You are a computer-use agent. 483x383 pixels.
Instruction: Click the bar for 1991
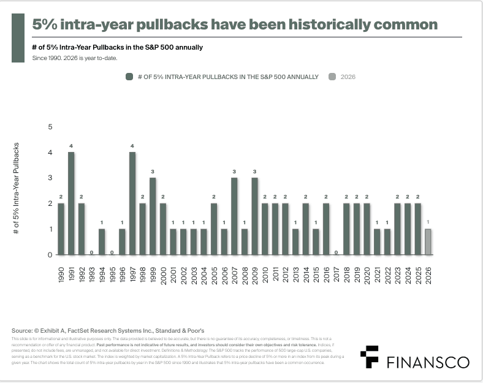[71, 203]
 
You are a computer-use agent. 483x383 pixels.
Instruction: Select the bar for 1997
[132, 203]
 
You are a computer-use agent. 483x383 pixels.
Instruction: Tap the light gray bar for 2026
[428, 241]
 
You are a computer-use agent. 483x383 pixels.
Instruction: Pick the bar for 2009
[254, 216]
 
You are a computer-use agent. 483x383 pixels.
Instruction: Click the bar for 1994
[102, 241]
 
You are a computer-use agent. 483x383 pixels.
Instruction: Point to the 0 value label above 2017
[336, 252]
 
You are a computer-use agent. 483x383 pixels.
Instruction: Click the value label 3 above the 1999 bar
[153, 171]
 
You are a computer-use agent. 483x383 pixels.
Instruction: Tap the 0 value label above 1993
[91, 252]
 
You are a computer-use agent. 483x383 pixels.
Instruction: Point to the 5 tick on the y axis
[50, 127]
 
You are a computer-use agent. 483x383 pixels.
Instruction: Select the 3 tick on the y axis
[50, 178]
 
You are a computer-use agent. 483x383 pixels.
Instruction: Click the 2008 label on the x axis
[245, 272]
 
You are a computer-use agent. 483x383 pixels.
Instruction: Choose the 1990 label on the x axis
[61, 272]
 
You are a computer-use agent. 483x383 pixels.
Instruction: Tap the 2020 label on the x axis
[367, 272]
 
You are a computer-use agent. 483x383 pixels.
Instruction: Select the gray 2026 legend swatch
[332, 77]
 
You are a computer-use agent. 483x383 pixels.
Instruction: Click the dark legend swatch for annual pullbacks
[129, 77]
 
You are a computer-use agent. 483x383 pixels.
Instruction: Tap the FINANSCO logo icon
[369, 357]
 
